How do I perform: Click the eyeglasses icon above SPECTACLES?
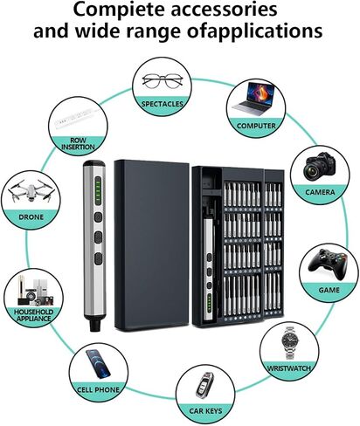(x=163, y=80)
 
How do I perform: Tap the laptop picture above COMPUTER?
(x=254, y=97)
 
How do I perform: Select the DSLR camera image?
(x=320, y=166)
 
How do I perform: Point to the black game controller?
(x=328, y=264)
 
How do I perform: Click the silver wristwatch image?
(x=290, y=343)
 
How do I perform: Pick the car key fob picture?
(x=205, y=385)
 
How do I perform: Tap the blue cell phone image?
(x=99, y=364)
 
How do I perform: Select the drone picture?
(x=31, y=191)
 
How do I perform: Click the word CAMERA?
(x=320, y=192)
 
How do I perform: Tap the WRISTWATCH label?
(x=289, y=368)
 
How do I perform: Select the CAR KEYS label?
(x=205, y=411)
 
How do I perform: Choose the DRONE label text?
(x=31, y=217)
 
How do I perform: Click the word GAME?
(x=329, y=290)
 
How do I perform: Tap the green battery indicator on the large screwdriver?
(x=99, y=190)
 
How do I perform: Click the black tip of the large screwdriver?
(x=94, y=325)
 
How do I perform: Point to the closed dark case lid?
(x=151, y=245)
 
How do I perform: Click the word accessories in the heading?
(x=224, y=10)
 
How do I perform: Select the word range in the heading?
(x=154, y=31)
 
